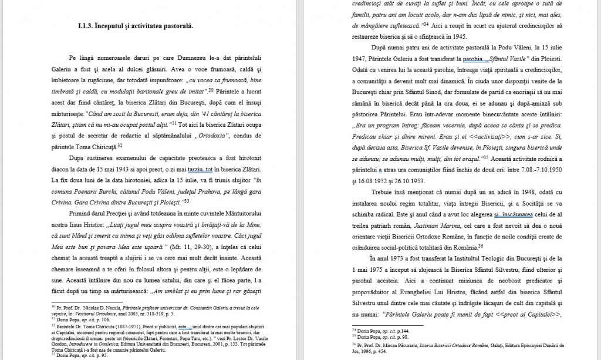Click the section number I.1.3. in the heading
(x=88, y=26)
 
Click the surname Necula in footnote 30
(x=110, y=307)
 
